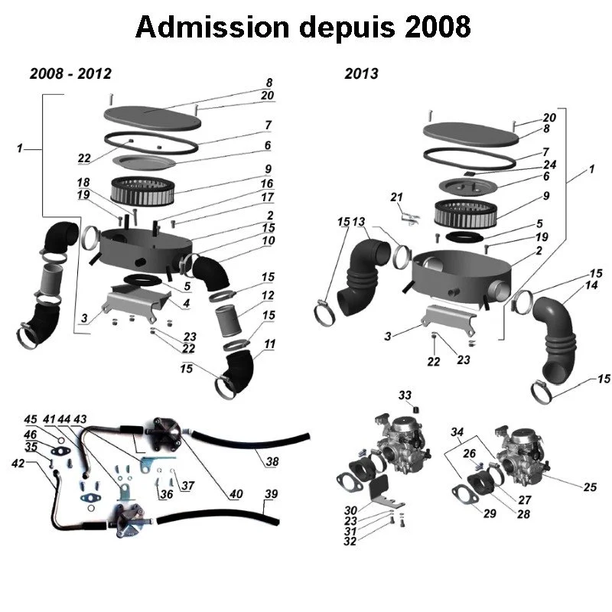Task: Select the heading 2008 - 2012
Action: tap(70, 74)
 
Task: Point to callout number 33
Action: tap(405, 395)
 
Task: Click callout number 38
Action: tap(272, 461)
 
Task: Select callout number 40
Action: tap(236, 494)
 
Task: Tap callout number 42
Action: tap(18, 464)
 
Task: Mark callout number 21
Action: tap(396, 197)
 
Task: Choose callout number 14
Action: tap(591, 285)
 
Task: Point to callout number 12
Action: tap(268, 295)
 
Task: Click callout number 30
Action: tap(350, 510)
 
